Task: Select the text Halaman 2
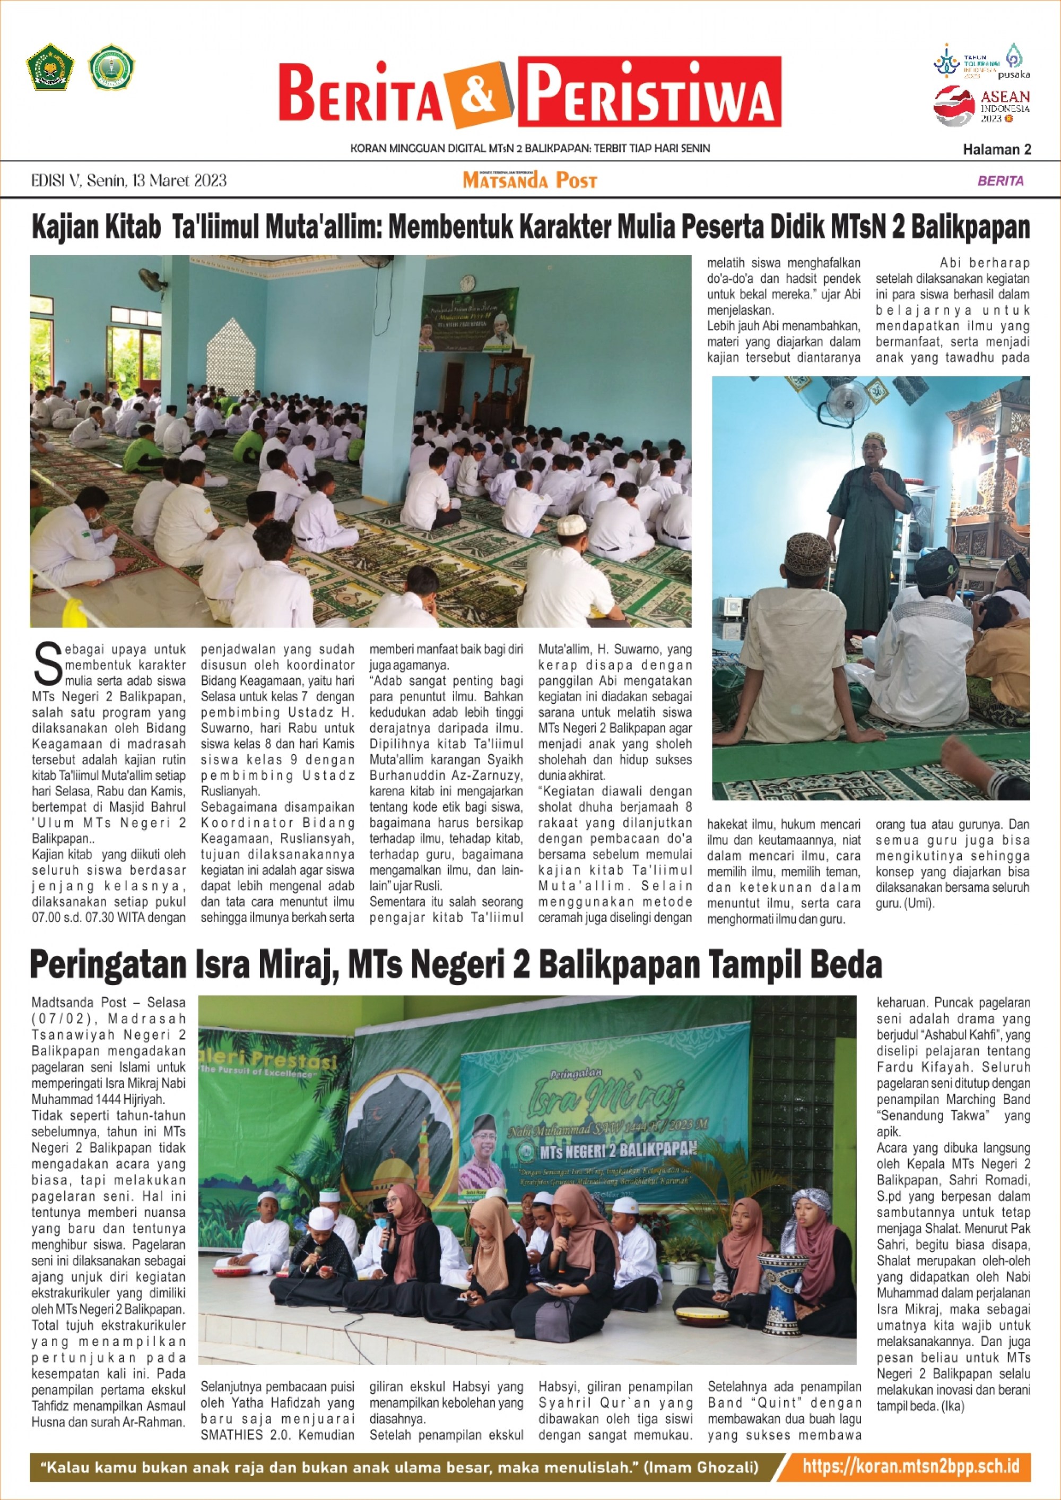[x=996, y=150]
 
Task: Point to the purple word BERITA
[x=1000, y=181]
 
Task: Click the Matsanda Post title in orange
[x=530, y=180]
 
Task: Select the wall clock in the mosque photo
[x=467, y=282]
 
